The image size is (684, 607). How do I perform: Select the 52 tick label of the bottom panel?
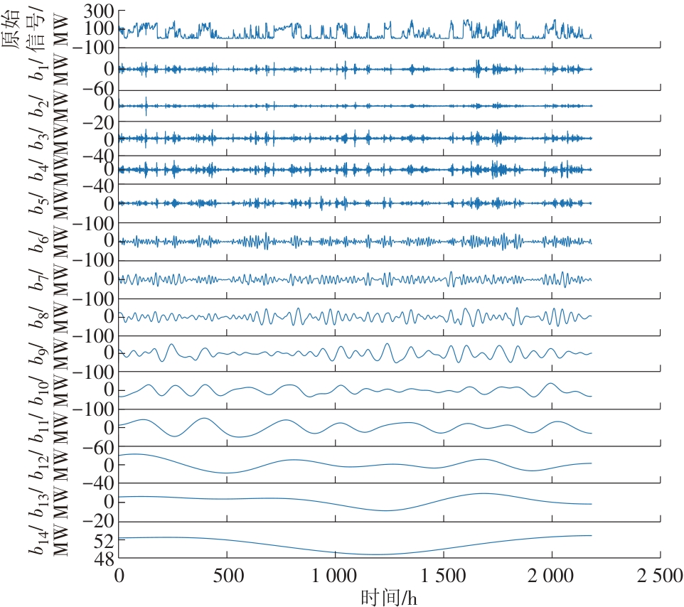(105, 540)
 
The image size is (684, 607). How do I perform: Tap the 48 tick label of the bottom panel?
(105, 559)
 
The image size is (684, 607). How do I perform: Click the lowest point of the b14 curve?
(377, 554)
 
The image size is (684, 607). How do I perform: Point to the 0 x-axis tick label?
(119, 574)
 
